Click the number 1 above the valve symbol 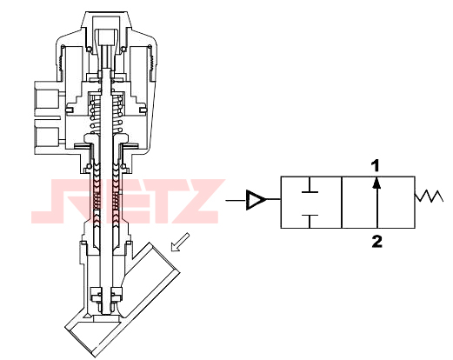pyautogui.click(x=376, y=166)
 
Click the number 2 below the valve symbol pyautogui.click(x=376, y=242)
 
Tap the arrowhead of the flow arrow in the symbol pyautogui.click(x=376, y=183)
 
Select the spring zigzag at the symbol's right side pyautogui.click(x=429, y=196)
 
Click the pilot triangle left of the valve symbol pyautogui.click(x=255, y=200)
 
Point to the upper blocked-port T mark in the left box pyautogui.click(x=310, y=185)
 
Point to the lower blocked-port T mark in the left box pyautogui.click(x=310, y=221)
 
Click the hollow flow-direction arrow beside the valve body pyautogui.click(x=180, y=243)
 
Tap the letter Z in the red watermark pyautogui.click(x=198, y=202)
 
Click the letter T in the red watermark pyautogui.click(x=156, y=202)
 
